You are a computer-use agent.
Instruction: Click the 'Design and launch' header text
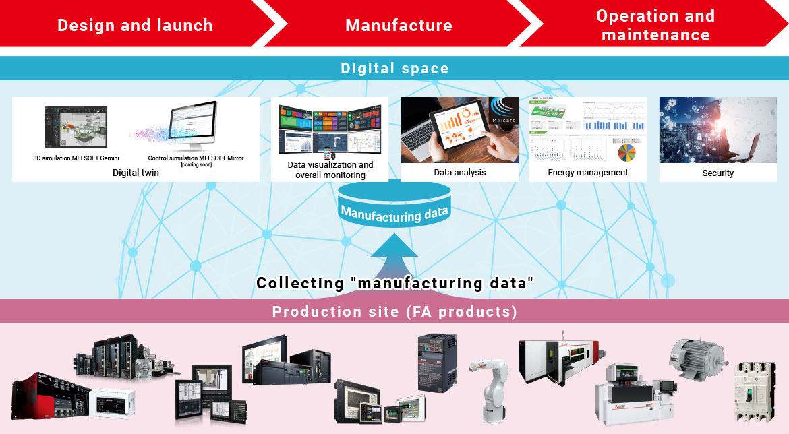click(x=135, y=26)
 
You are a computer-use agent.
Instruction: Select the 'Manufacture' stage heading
click(x=399, y=26)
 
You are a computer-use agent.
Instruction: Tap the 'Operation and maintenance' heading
click(x=655, y=26)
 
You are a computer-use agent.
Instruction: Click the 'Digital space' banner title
click(x=394, y=68)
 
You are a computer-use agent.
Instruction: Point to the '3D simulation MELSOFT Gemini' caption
click(x=76, y=158)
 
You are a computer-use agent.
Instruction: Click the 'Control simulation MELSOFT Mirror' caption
click(x=196, y=158)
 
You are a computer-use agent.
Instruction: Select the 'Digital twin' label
click(x=136, y=173)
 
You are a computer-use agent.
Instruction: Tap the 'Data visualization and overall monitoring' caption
click(x=330, y=170)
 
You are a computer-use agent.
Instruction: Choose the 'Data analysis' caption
click(x=459, y=173)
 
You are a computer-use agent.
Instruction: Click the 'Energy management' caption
click(x=587, y=173)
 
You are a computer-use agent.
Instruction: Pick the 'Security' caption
click(x=718, y=173)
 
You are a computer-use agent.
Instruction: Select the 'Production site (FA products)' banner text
click(x=394, y=311)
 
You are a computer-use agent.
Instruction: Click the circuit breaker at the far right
click(x=755, y=391)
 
